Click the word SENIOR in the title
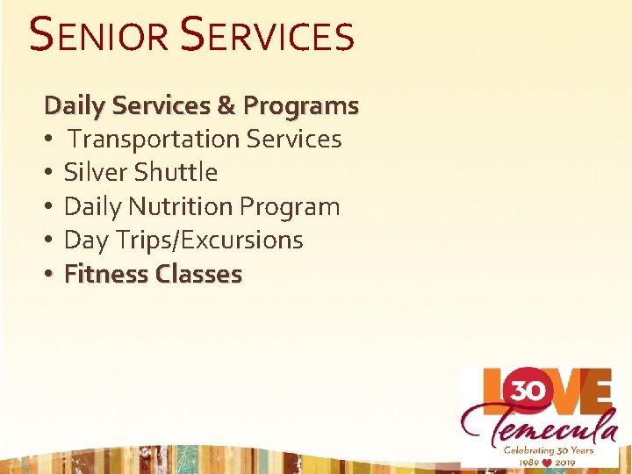97,36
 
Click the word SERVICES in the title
267,36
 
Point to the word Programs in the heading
301,106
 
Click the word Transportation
154,139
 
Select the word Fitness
106,274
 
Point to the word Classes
198,274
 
